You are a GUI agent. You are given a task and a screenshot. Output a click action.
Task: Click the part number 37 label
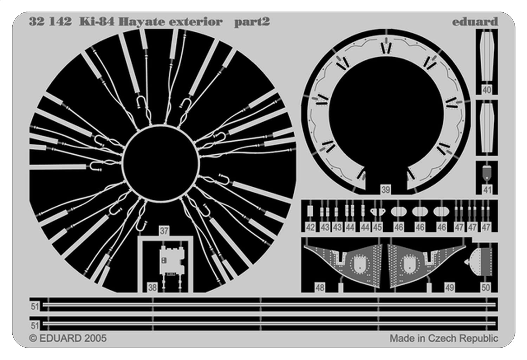(164, 231)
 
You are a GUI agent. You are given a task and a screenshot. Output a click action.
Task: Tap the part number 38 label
(152, 288)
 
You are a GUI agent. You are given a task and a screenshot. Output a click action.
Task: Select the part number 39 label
(385, 190)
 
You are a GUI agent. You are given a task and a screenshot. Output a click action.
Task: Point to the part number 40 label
(487, 90)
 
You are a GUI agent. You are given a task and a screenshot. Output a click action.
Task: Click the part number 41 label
(487, 190)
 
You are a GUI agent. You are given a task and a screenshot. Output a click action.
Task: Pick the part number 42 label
(310, 227)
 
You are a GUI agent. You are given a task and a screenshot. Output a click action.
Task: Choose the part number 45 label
(377, 227)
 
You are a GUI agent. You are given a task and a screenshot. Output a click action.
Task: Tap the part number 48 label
(319, 288)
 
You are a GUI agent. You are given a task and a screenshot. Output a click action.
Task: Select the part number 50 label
(485, 288)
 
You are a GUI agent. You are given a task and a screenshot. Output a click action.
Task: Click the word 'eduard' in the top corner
(475, 22)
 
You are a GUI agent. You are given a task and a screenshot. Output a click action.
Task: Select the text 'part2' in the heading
(252, 22)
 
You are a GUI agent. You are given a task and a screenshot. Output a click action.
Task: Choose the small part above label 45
(378, 212)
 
